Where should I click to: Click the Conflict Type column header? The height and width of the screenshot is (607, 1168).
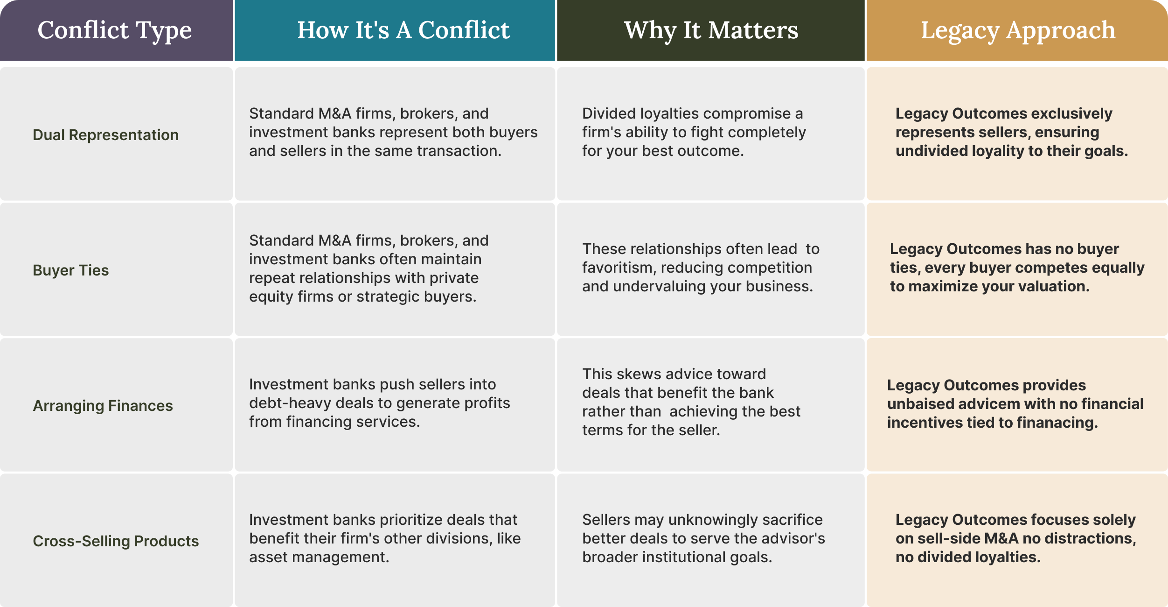point(115,30)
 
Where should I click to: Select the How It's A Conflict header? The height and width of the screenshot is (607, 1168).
point(403,30)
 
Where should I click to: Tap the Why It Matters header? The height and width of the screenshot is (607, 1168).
point(711,30)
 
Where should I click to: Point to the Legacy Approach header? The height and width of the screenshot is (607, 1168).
point(1018,30)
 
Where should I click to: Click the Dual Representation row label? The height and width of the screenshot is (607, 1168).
point(106,135)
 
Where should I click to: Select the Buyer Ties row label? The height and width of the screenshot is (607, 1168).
point(71,270)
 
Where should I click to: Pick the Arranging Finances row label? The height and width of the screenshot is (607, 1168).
point(103,406)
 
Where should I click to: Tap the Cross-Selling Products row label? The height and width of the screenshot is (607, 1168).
point(116,541)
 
